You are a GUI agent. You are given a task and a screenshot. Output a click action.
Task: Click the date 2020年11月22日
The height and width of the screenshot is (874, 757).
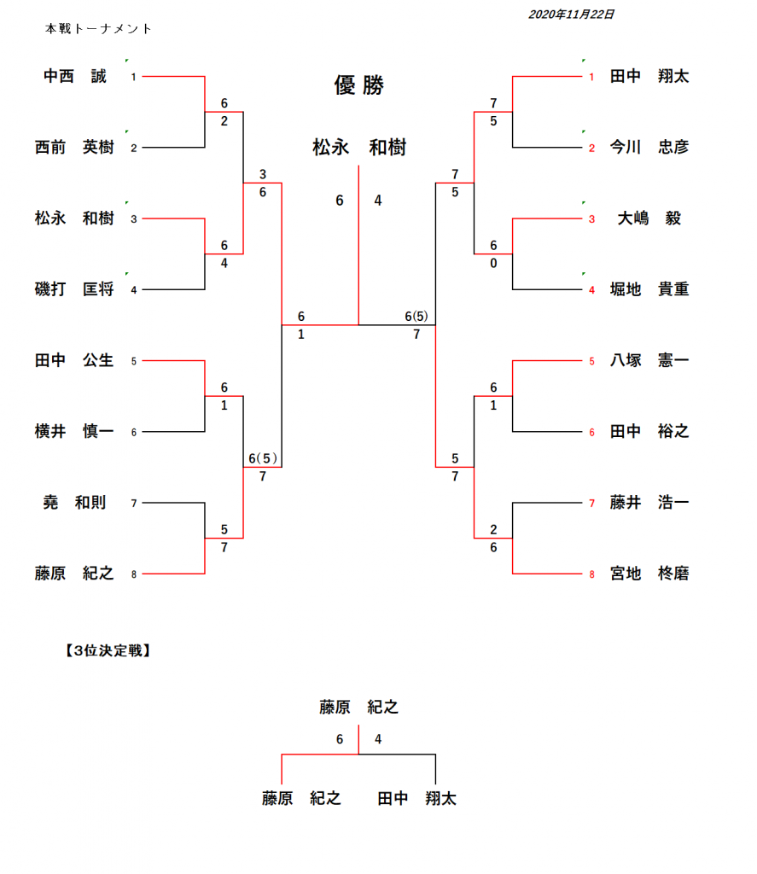pyautogui.click(x=571, y=15)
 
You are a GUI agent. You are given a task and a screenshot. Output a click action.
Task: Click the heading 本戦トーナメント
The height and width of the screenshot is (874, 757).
pyautogui.click(x=99, y=29)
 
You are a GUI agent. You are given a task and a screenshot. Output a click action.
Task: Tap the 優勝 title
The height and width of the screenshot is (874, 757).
pyautogui.click(x=358, y=85)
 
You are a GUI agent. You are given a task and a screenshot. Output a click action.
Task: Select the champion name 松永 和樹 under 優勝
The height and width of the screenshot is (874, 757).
pyautogui.click(x=358, y=149)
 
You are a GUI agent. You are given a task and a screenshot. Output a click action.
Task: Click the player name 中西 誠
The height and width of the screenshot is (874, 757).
pyautogui.click(x=75, y=77)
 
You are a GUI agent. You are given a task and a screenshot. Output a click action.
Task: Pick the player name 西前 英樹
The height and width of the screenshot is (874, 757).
pyautogui.click(x=74, y=148)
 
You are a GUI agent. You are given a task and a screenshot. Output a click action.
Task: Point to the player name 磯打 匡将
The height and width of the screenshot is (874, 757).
pyautogui.click(x=74, y=289)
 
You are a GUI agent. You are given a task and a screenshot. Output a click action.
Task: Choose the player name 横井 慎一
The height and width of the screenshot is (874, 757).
pyautogui.click(x=74, y=432)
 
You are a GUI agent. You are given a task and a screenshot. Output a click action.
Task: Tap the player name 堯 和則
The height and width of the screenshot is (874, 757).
pyautogui.click(x=75, y=503)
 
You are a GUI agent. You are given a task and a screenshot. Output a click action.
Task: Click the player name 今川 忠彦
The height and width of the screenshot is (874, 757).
pyautogui.click(x=649, y=148)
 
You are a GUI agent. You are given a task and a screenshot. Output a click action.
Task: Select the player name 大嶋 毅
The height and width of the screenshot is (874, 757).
pyautogui.click(x=649, y=218)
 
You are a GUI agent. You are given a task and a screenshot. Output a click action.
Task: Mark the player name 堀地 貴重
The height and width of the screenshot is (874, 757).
pyautogui.click(x=649, y=289)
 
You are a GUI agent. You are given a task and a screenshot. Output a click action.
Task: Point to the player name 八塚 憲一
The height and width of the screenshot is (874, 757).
pyautogui.click(x=649, y=361)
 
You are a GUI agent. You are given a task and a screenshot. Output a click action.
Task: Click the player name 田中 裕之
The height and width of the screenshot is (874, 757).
pyautogui.click(x=649, y=432)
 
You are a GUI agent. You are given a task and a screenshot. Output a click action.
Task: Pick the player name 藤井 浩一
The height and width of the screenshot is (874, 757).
pyautogui.click(x=649, y=503)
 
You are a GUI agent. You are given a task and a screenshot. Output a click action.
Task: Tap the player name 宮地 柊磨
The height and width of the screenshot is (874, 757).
pyautogui.click(x=649, y=574)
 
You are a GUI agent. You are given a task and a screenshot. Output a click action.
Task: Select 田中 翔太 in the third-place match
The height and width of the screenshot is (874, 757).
pyautogui.click(x=417, y=799)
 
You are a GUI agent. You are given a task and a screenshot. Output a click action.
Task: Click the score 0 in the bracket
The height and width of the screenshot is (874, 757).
pyautogui.click(x=493, y=264)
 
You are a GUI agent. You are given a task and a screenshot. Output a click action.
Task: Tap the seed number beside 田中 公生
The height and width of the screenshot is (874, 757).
pyautogui.click(x=134, y=361)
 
